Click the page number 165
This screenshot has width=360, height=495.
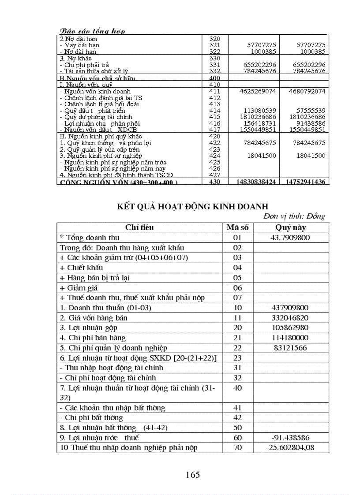193,475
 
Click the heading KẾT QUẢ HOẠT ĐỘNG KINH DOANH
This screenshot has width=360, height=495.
193,206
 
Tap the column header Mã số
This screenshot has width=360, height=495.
237,228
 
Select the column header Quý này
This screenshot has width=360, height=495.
291,228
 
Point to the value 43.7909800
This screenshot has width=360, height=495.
290,238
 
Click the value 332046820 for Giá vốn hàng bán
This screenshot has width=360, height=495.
290,318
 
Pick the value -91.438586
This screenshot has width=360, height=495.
290,438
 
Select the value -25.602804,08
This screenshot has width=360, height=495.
290,448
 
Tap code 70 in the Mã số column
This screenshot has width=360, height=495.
237,448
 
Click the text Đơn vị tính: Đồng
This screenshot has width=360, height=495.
294,216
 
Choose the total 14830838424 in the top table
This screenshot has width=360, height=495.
256,182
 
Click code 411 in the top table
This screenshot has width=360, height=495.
215,91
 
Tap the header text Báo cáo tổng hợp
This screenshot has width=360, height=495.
92,31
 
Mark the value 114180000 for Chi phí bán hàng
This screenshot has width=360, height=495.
290,338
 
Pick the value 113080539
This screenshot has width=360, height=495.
260,111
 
